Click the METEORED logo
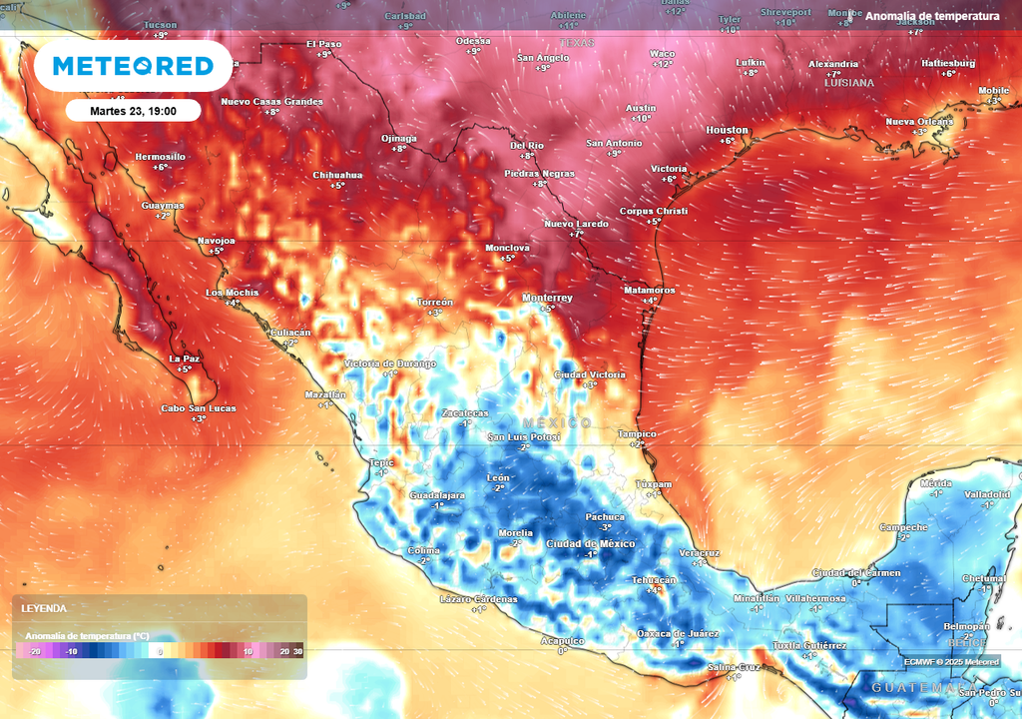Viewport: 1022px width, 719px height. pos(133,66)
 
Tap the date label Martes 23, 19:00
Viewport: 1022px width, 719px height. pos(133,110)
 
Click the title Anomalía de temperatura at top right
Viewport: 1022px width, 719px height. pos(932,16)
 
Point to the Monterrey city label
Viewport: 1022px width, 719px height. pos(547,298)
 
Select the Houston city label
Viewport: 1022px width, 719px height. pos(727,130)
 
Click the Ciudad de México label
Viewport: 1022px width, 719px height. pos(591,543)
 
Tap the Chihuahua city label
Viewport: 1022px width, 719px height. pos(337,175)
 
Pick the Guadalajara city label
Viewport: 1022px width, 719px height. pos(437,495)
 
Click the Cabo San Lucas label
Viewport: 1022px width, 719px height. pos(199,407)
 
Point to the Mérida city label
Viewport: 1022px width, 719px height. pos(936,483)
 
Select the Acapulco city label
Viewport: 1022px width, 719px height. pos(562,640)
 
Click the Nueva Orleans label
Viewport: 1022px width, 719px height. pos(919,122)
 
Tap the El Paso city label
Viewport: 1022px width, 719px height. pos(323,44)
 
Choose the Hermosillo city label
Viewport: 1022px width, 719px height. pos(160,157)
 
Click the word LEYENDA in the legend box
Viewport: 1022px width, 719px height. pos(44,608)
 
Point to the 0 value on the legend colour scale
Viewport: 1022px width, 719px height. pos(161,651)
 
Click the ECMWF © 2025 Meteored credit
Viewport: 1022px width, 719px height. pos(951,661)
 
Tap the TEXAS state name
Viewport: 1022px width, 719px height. pos(576,43)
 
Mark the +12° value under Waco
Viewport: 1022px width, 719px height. pos(663,64)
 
